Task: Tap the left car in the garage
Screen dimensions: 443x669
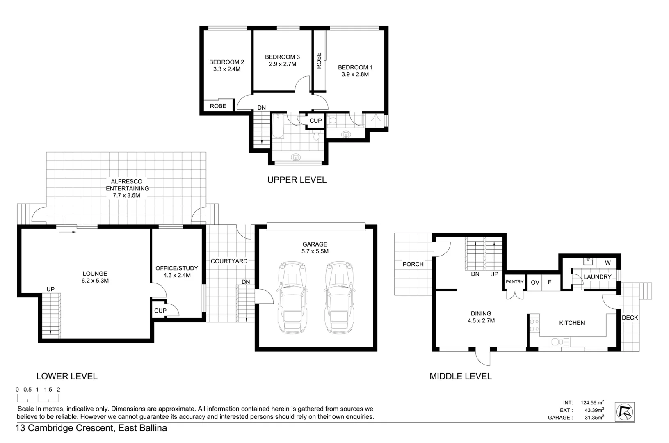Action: coord(292,297)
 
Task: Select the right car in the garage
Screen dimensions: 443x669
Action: coord(339,297)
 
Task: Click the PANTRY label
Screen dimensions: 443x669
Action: coord(514,282)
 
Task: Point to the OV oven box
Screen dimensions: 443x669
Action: coord(535,283)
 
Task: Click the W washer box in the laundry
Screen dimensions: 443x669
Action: coord(607,263)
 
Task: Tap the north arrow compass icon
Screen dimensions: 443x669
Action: coord(625,412)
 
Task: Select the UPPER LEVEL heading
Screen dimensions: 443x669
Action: coord(297,180)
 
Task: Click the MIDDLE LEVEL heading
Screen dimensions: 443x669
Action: coord(460,376)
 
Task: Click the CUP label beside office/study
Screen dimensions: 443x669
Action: coord(160,311)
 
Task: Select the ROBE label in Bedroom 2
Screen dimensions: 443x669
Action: coord(218,106)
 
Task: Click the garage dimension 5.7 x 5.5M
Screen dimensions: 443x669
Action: coord(315,251)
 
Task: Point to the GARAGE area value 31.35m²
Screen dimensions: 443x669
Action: coord(594,418)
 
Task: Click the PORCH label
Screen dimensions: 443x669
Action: coord(413,264)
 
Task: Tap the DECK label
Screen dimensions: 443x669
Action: coord(630,317)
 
